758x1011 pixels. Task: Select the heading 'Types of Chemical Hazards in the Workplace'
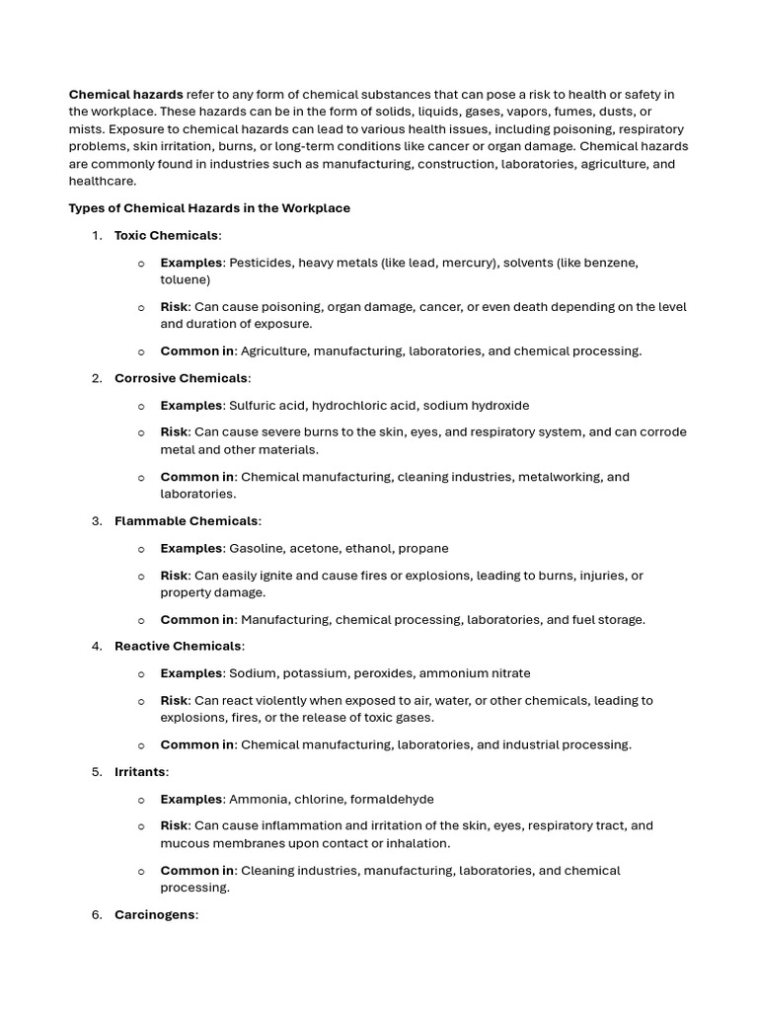[209, 208]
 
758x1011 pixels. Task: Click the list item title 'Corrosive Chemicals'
[181, 378]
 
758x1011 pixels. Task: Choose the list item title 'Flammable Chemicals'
[186, 520]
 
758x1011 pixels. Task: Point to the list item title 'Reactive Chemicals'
[178, 646]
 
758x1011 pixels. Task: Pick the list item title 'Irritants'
[140, 771]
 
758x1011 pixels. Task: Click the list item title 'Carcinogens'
[155, 914]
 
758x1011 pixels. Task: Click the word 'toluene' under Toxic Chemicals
[184, 279]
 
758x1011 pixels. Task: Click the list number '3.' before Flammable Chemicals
[97, 520]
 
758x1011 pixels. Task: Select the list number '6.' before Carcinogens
[97, 914]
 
